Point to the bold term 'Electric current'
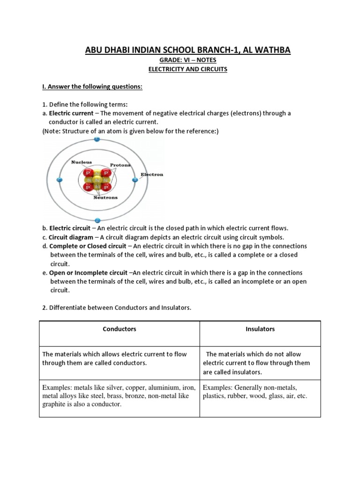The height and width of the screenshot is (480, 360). pos(71,113)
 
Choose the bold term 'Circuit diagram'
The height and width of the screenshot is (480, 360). pos(71,237)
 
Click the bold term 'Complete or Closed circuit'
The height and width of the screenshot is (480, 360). pos(88,246)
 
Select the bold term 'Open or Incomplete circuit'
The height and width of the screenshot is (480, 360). pos(88,273)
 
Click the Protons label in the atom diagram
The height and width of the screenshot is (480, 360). pos(120,165)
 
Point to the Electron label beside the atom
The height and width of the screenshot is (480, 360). pos(152,174)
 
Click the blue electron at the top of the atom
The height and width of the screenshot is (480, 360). pos(97,140)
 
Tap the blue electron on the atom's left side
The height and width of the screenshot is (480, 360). pos(59,180)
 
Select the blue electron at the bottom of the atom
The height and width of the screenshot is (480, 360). pos(97,220)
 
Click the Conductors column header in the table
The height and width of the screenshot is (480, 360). pos(120,329)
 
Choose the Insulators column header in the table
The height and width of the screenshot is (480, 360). pos(260,329)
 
